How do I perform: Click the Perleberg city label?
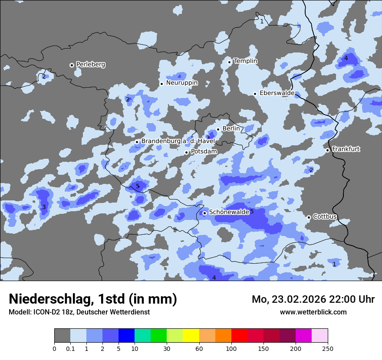[x=91, y=65]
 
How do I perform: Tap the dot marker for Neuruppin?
[x=161, y=84]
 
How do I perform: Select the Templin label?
[x=245, y=61]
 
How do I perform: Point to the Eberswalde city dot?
[x=255, y=94]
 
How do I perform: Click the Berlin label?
[x=231, y=128]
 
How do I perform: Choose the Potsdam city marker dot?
[x=187, y=152]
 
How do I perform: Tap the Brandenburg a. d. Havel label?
[x=178, y=141]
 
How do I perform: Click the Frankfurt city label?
[x=346, y=149]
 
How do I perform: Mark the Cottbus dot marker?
[x=309, y=217]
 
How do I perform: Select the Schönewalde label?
[x=229, y=212]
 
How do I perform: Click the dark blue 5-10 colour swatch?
[x=126, y=336]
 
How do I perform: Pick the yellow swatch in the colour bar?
[x=191, y=336]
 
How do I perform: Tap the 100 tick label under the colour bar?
[x=231, y=348]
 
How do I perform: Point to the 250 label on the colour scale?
[x=328, y=348]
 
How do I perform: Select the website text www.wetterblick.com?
[x=313, y=312]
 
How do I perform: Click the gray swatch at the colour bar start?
[x=62, y=336]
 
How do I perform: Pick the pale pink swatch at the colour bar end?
[x=319, y=336]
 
